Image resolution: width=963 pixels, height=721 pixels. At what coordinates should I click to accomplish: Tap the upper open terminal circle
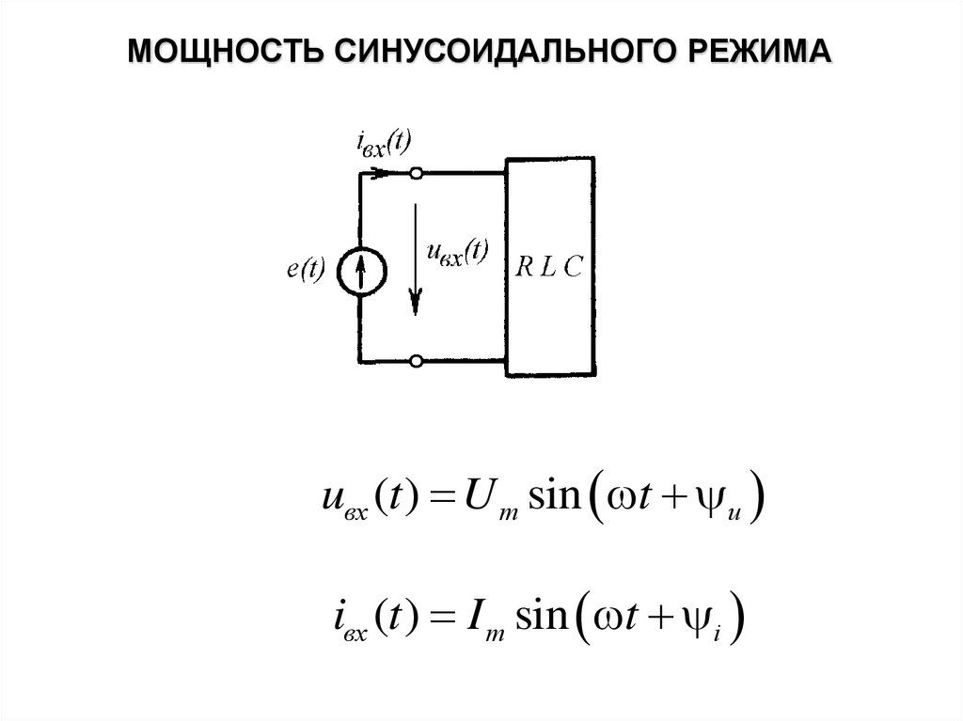pyautogui.click(x=417, y=174)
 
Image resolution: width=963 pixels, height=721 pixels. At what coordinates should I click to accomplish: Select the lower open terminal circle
pyautogui.click(x=417, y=361)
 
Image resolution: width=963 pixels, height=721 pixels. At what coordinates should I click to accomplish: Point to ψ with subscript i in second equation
pyautogui.click(x=713, y=622)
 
